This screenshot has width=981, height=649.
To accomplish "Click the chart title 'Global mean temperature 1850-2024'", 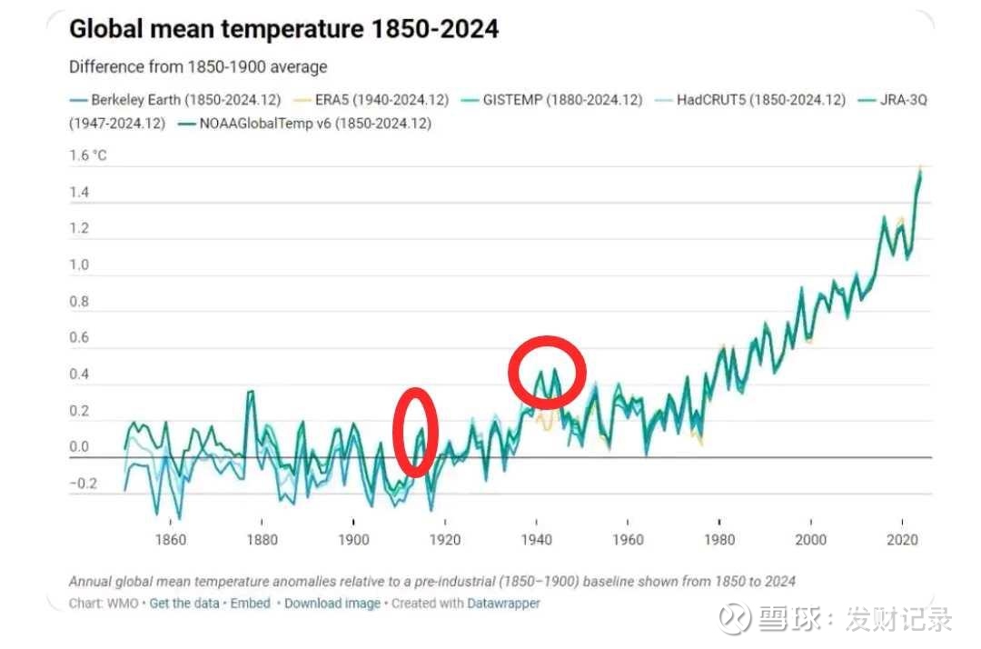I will pyautogui.click(x=283, y=29).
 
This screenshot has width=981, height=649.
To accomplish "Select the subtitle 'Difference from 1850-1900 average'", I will pyautogui.click(x=198, y=67).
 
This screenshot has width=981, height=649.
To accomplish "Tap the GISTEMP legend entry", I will pyautogui.click(x=562, y=100).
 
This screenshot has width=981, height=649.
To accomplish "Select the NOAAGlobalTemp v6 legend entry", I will pyautogui.click(x=314, y=124).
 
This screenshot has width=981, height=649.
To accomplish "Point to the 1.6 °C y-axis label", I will pyautogui.click(x=88, y=155).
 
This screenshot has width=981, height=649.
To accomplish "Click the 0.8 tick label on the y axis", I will pyautogui.click(x=79, y=302).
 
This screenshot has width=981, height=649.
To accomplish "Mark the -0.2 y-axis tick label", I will pyautogui.click(x=83, y=484).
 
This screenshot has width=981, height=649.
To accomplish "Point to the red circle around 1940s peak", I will pyautogui.click(x=546, y=371).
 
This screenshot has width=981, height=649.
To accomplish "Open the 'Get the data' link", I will pyautogui.click(x=184, y=604).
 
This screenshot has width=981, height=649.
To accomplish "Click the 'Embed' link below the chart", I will pyautogui.click(x=251, y=604).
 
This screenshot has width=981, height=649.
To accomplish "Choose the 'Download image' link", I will pyautogui.click(x=332, y=604).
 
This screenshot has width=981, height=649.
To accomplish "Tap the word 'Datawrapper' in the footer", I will pyautogui.click(x=503, y=604).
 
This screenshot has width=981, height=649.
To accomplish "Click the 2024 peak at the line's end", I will pyautogui.click(x=920, y=170).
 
